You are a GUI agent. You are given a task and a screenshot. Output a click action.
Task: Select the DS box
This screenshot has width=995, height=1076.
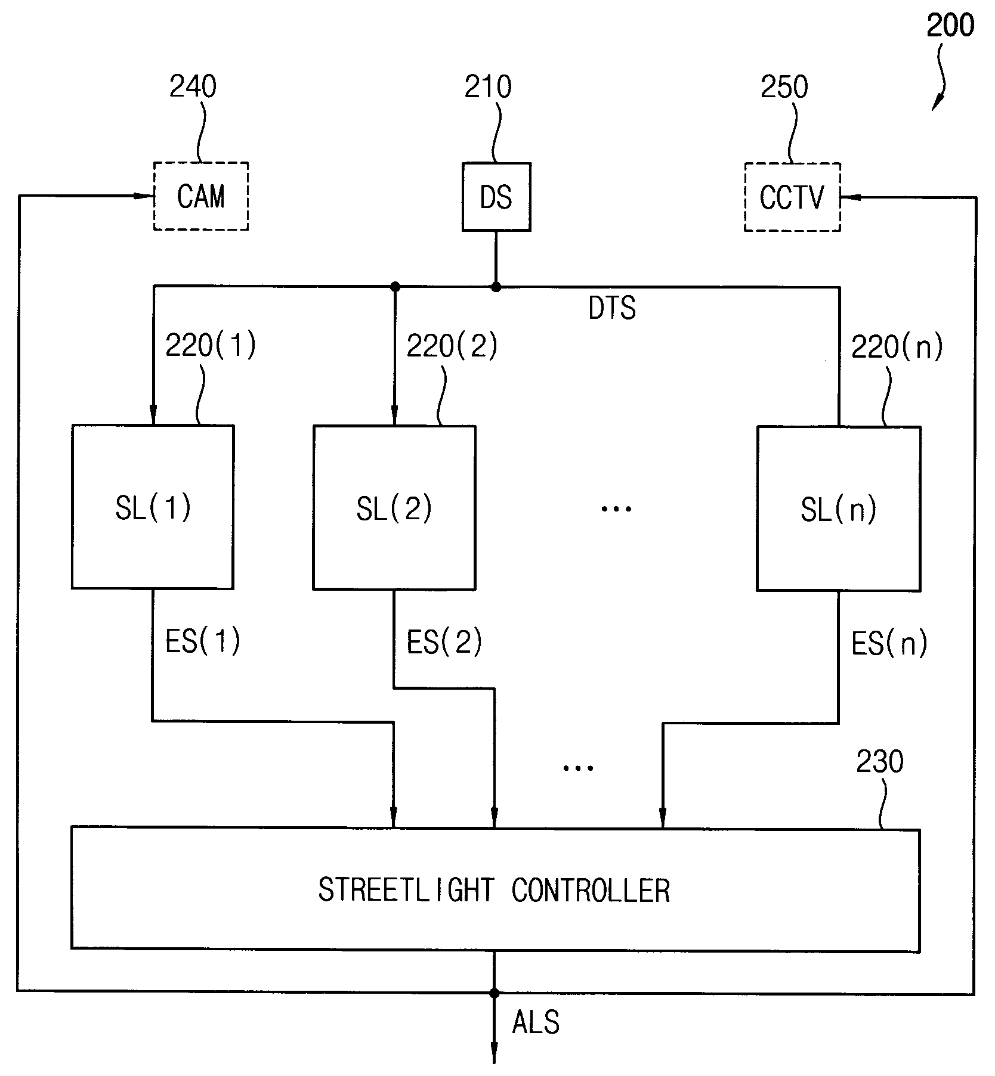(496, 197)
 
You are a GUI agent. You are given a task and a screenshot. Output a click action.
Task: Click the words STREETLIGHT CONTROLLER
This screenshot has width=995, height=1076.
(494, 891)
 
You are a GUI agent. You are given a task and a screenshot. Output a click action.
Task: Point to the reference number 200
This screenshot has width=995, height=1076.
(950, 26)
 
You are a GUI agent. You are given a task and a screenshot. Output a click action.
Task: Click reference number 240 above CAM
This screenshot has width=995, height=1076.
(193, 87)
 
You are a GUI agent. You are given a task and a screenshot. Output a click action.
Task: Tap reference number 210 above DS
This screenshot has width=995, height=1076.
(488, 87)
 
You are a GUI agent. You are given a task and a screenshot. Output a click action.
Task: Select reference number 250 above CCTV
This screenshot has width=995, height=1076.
(784, 87)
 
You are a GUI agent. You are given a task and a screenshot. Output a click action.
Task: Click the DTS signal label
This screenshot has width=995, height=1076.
(612, 308)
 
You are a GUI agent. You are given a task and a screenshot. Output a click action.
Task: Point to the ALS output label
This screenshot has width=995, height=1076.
(536, 1022)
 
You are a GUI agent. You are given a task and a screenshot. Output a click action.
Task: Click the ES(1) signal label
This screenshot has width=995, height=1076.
(203, 641)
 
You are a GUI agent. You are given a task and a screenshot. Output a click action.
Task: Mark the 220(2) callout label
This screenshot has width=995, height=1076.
(452, 346)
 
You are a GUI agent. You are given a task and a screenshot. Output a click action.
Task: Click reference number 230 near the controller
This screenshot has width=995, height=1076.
(880, 762)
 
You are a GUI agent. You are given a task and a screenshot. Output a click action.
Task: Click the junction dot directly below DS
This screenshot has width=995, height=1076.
(496, 287)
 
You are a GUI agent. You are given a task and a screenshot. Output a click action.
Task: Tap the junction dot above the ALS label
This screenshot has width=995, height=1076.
(494, 993)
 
